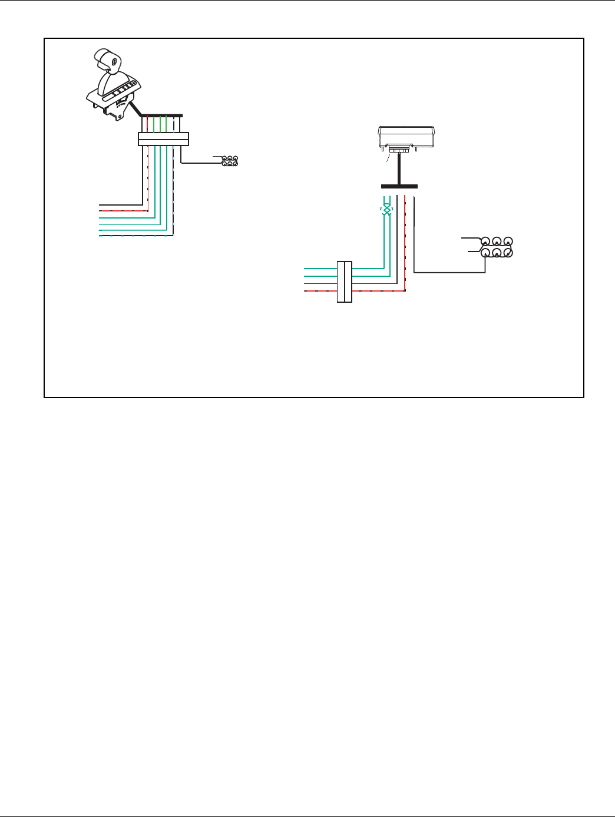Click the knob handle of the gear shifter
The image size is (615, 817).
[110, 60]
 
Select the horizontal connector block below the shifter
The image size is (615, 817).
[163, 139]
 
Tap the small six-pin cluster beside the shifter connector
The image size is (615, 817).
[229, 160]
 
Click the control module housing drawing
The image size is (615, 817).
[406, 137]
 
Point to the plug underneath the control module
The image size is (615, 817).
[401, 151]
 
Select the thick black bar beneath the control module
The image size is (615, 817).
[399, 187]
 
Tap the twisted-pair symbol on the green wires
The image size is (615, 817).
[386, 210]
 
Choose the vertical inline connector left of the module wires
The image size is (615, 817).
[345, 282]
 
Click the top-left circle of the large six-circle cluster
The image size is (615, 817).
[485, 242]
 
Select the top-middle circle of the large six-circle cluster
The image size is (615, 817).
[497, 242]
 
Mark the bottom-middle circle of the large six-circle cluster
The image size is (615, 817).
[497, 253]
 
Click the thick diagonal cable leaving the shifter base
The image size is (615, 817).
[135, 109]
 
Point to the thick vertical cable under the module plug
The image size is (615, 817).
[400, 171]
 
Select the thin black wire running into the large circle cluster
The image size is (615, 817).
[448, 272]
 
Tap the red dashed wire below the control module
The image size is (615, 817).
[406, 247]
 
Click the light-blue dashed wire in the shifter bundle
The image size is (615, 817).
[135, 236]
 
